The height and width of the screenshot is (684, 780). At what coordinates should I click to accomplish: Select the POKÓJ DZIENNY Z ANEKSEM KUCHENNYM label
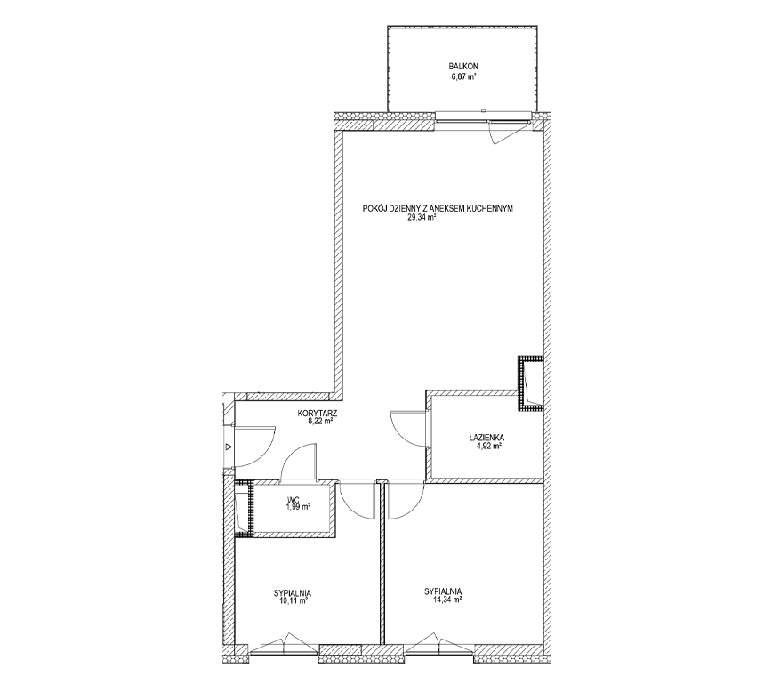point(438,209)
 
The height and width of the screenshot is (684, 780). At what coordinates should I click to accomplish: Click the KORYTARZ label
point(318,413)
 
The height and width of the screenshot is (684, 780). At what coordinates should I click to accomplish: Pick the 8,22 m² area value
point(320,421)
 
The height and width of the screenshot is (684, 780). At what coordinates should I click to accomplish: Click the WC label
point(292,499)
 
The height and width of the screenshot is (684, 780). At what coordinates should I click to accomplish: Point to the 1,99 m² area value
point(298,507)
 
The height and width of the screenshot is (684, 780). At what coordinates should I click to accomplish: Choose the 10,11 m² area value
point(294,601)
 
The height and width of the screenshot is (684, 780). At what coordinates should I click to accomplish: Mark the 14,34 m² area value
point(447,600)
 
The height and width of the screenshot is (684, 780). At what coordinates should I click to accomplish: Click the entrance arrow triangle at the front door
point(229,447)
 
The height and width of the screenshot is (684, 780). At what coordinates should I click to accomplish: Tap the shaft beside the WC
point(245,509)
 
